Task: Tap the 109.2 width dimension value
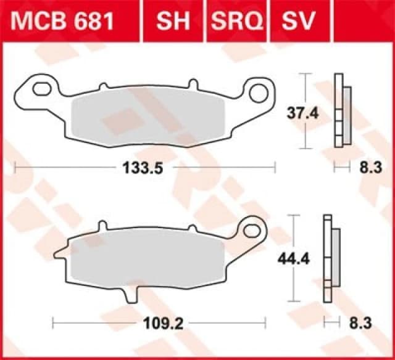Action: click(x=159, y=321)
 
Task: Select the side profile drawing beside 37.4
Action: click(x=341, y=111)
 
